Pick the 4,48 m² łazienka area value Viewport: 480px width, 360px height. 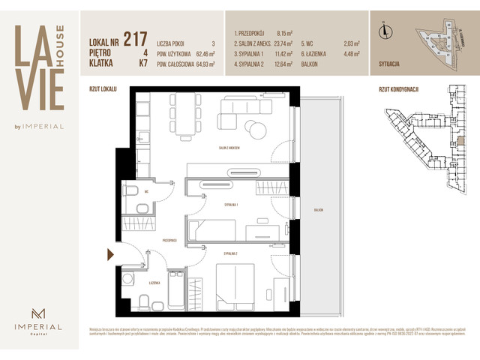pyautogui.click(x=352, y=54)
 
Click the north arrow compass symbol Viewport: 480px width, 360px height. pyautogui.click(x=384, y=31)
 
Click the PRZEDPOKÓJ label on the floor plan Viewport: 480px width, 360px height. pyautogui.click(x=169, y=240)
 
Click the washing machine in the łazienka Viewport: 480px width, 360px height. pyautogui.click(x=127, y=280)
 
